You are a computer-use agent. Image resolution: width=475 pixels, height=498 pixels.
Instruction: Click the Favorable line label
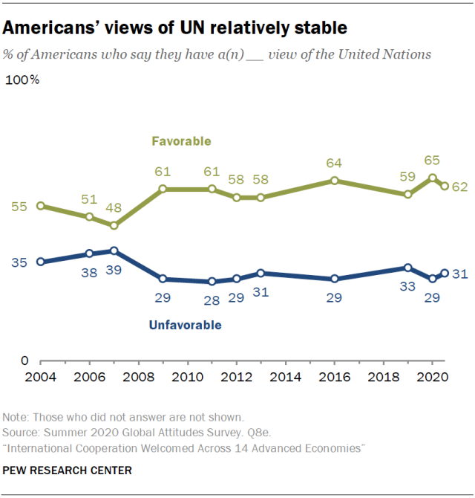181,140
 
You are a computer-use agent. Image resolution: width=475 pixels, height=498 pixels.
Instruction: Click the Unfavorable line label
185,325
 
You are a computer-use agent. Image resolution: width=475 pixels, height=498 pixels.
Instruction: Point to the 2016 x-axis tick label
334,376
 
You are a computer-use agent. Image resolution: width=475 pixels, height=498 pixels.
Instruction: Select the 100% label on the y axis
23,80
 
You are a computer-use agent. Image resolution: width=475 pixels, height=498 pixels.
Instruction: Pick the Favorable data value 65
432,161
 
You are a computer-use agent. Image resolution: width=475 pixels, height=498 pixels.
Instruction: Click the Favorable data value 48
114,209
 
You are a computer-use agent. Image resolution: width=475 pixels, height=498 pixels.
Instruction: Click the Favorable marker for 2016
335,181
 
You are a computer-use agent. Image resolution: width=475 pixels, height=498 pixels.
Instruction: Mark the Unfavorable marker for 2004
40,262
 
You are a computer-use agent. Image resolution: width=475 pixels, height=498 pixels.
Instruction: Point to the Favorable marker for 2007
114,225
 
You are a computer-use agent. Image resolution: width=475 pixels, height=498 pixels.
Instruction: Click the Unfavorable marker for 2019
408,268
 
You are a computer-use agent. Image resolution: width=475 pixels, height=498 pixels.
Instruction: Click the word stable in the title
312,29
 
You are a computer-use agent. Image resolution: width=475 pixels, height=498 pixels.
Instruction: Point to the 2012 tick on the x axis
236,376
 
